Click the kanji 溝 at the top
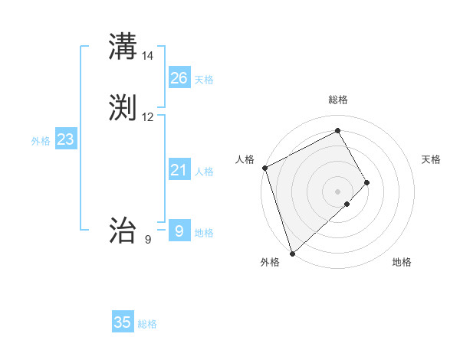click(x=123, y=47)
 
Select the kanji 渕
click(x=123, y=108)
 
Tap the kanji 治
click(x=123, y=230)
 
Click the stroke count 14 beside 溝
click(x=148, y=56)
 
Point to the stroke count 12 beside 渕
click(x=148, y=117)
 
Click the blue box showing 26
click(x=179, y=78)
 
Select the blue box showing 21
click(x=179, y=170)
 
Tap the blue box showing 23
click(x=65, y=139)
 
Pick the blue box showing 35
click(x=123, y=322)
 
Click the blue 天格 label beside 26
click(x=204, y=80)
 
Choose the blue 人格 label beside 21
click(x=204, y=172)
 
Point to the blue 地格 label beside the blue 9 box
click(x=204, y=233)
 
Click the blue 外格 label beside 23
click(x=41, y=141)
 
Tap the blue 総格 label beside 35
click(x=147, y=324)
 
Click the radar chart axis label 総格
click(x=338, y=100)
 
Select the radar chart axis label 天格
click(x=431, y=159)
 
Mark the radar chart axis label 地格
click(x=402, y=263)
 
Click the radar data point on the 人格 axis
click(x=264, y=168)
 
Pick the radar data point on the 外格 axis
click(x=291, y=252)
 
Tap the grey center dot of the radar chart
click(x=338, y=191)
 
